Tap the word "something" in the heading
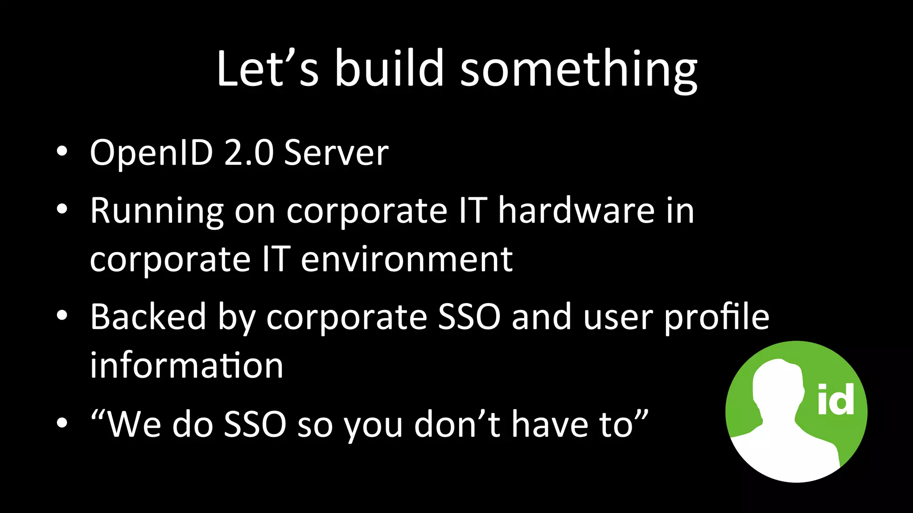[x=578, y=71]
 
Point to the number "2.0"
[x=248, y=153]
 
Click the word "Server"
[x=336, y=153]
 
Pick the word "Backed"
[x=148, y=317]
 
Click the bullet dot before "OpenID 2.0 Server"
[x=62, y=151]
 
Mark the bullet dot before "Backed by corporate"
[x=62, y=315]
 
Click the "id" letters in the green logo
[x=835, y=399]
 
